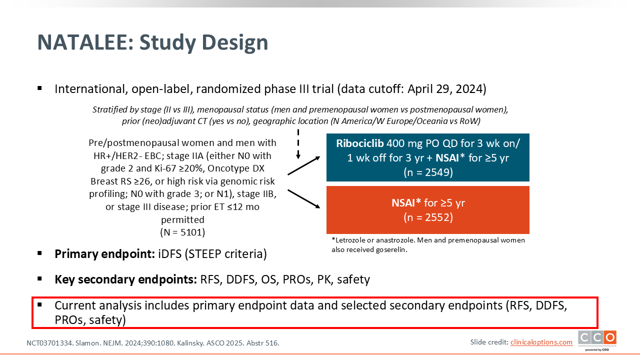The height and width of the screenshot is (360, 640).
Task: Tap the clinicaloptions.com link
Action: pos(541,342)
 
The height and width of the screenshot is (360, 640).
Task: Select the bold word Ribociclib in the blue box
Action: pos(359,143)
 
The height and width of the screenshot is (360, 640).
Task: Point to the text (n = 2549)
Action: pos(428,172)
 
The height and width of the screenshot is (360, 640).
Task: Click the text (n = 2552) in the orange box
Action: pos(428,217)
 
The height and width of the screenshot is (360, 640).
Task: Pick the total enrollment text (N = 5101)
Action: pos(182,232)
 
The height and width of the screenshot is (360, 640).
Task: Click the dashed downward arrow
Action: pos(298,144)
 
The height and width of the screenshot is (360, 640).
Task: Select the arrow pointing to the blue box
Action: pos(303,165)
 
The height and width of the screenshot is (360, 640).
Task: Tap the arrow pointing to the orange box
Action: pos(303,199)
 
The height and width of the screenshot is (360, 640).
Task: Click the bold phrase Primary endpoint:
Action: pos(105,254)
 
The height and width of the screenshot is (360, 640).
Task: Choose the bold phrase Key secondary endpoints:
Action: pos(125,279)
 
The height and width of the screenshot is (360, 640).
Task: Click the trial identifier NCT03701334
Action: pos(49,343)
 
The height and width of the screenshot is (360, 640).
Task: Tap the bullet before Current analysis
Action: pos(39,305)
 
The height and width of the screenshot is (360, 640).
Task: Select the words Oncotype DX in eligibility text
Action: pos(236,168)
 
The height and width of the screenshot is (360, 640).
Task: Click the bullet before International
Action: pos(39,88)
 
